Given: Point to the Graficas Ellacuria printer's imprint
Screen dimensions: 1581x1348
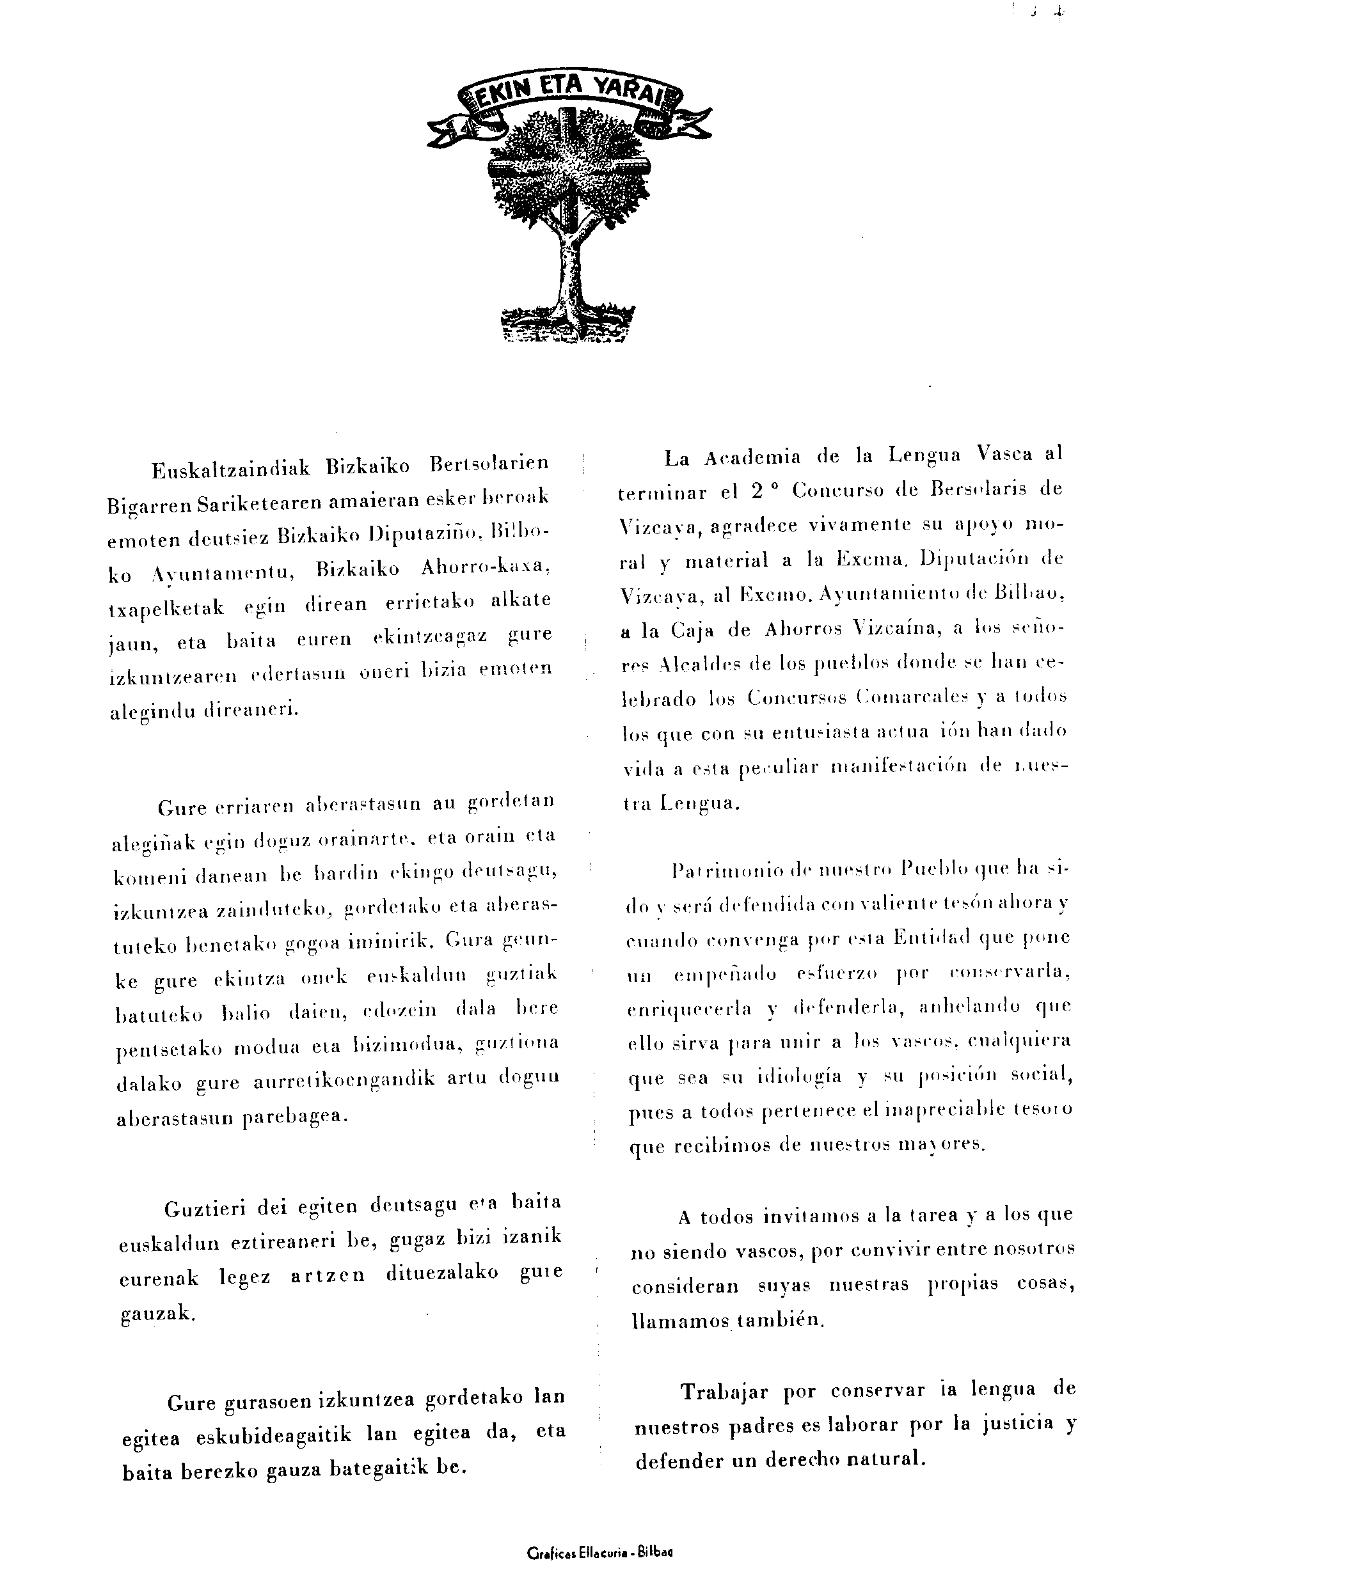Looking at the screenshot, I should (x=599, y=1552).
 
